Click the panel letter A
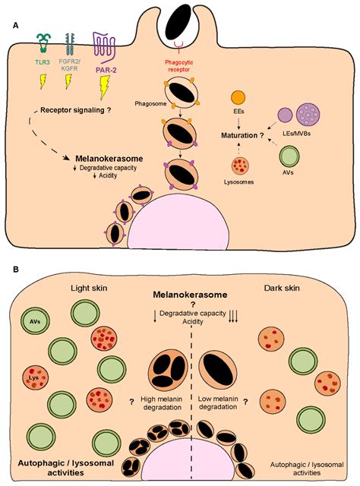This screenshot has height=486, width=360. coord(16,25)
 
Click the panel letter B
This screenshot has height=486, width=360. coord(16,270)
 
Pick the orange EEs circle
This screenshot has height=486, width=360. coord(238,98)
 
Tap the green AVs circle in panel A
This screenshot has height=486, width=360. coord(289,162)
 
